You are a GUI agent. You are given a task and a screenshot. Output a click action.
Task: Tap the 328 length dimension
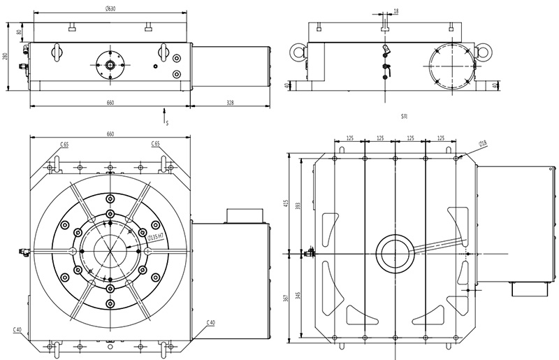[230, 103]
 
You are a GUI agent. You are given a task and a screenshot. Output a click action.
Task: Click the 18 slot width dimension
[396, 11]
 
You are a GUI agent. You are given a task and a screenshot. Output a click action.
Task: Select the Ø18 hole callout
[482, 143]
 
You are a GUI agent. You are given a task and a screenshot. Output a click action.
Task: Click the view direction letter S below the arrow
[167, 123]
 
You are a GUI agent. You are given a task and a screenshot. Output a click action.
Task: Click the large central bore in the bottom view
[395, 253]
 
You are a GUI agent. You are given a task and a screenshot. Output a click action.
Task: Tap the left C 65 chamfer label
[64, 144]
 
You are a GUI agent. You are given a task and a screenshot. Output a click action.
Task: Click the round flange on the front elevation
[110, 63]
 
